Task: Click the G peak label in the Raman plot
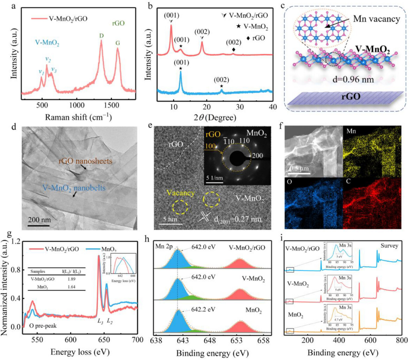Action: click(x=117, y=38)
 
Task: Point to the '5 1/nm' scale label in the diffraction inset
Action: click(x=216, y=177)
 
